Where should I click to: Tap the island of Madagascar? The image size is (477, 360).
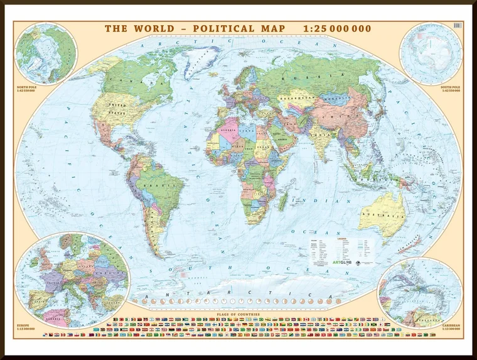(x=283, y=200)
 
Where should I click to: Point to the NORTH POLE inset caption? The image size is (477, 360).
(x=28, y=88)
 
